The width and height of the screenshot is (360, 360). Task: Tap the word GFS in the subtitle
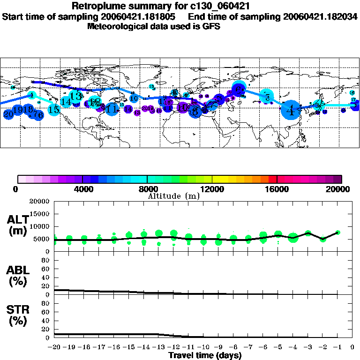[x=211, y=26]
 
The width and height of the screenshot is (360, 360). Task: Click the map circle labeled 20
[x=8, y=114]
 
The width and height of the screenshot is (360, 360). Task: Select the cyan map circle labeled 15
[x=54, y=110]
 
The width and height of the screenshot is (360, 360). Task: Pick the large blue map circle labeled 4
[x=292, y=111]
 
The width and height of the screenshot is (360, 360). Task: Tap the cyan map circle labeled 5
[x=267, y=97]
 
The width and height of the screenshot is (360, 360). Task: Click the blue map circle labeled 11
[x=112, y=109]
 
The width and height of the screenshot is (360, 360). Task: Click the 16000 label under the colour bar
[x=277, y=189]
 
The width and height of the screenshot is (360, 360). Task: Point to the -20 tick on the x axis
[x=54, y=347]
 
